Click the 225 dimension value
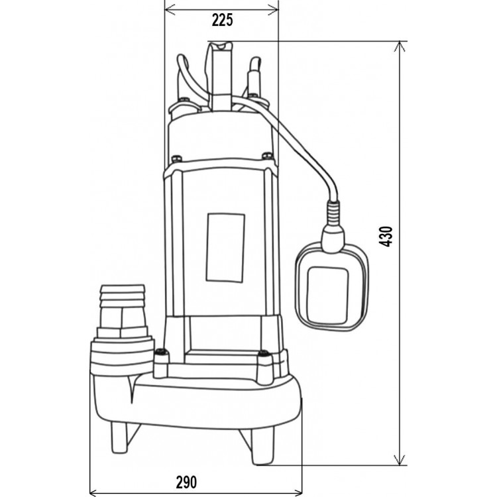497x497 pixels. pos(222,21)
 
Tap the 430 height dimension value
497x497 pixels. pos(386,237)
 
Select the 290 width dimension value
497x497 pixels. pos(186,482)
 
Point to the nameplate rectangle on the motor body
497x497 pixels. pos(225,247)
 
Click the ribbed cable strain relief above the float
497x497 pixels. pos(334,212)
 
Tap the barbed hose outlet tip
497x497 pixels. pos(122,296)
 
